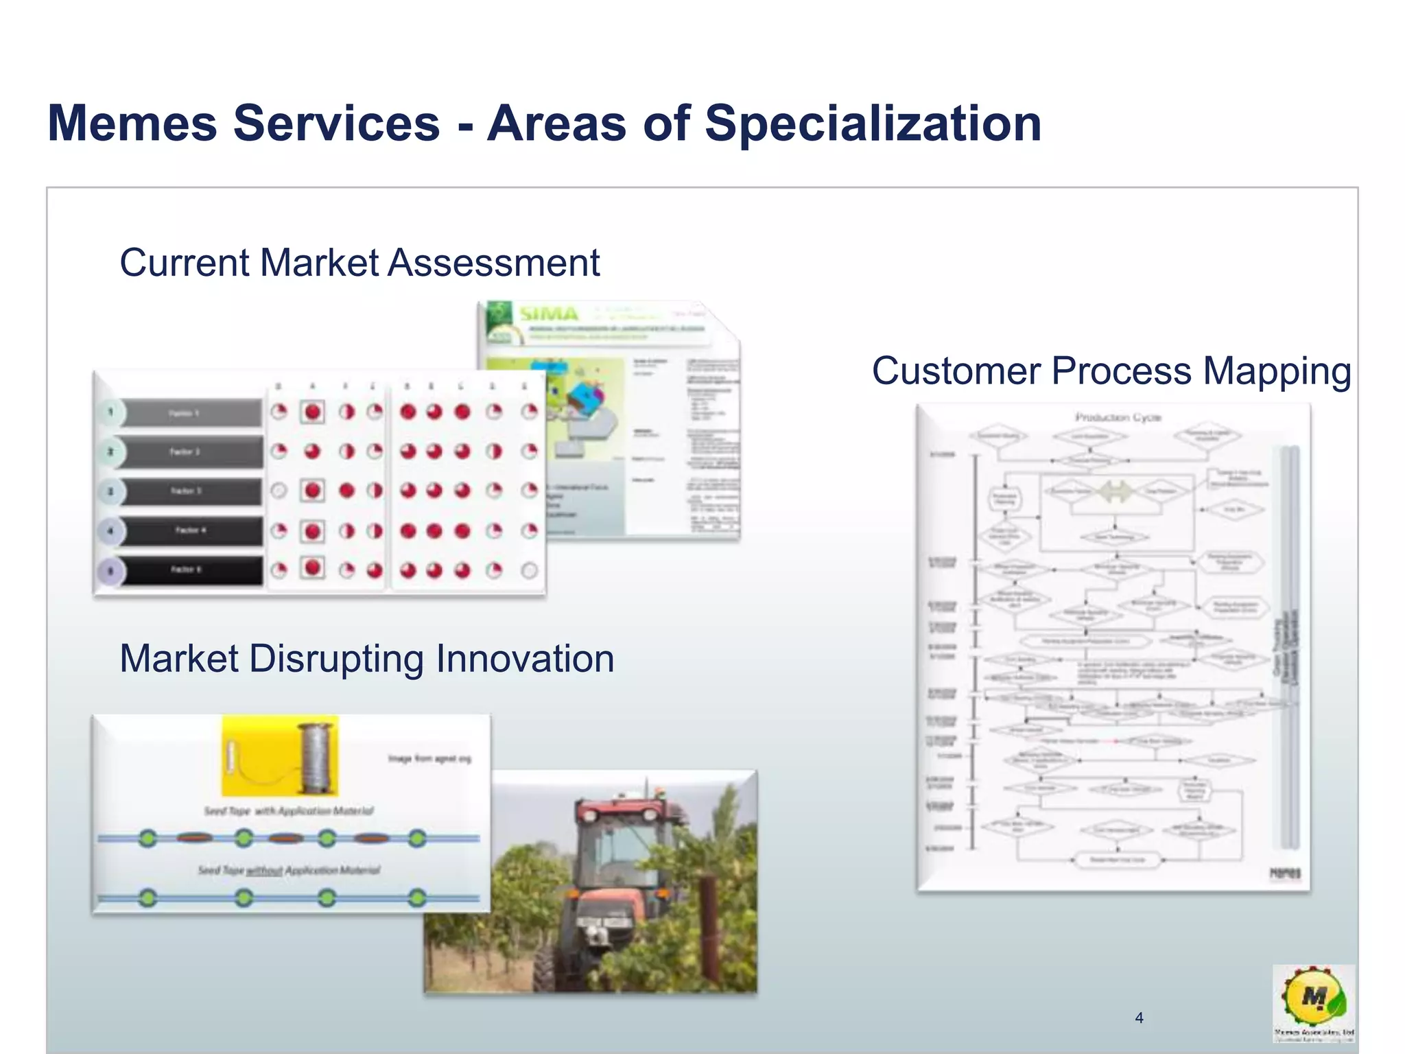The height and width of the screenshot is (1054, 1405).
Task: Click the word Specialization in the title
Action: tap(873, 124)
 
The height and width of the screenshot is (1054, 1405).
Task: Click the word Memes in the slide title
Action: tap(132, 124)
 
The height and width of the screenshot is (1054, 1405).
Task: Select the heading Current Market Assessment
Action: tap(359, 263)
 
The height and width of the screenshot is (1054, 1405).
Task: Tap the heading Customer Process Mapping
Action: tap(1111, 371)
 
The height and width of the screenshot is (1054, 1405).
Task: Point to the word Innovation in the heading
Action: tap(525, 659)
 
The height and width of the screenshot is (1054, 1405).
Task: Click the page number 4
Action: tap(1139, 1018)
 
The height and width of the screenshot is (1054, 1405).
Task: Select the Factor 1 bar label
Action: tap(185, 413)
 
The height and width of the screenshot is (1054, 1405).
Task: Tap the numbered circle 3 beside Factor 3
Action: tap(110, 491)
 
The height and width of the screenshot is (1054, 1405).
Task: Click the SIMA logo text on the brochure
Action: tap(549, 314)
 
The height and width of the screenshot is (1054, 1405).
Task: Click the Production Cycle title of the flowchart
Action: tap(1118, 417)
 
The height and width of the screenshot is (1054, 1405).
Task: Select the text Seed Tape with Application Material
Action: tap(289, 811)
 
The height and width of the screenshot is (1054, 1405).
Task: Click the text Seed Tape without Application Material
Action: tap(289, 870)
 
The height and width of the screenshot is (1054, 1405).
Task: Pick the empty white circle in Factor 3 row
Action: tap(279, 491)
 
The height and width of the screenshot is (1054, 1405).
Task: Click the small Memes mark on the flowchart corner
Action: tap(1285, 874)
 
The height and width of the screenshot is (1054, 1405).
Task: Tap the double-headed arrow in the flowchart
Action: tap(1115, 491)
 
